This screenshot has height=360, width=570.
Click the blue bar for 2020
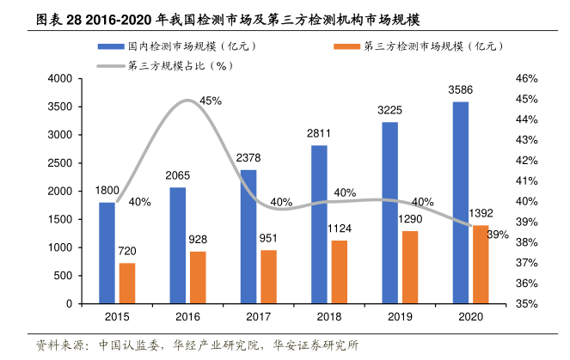[x=461, y=203]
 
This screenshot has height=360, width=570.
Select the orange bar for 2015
[x=127, y=284]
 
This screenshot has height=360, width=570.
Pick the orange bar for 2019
[x=411, y=267]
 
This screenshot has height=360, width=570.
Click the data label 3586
[x=461, y=89]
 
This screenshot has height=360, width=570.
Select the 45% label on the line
[x=211, y=101]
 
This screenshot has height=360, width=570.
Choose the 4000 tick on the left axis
[x=58, y=79]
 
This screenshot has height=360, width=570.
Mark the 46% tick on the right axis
[x=526, y=79]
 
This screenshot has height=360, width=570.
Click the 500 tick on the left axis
[x=62, y=276]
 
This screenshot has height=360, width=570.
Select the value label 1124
[x=340, y=229]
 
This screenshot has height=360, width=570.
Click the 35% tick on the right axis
[x=526, y=304]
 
